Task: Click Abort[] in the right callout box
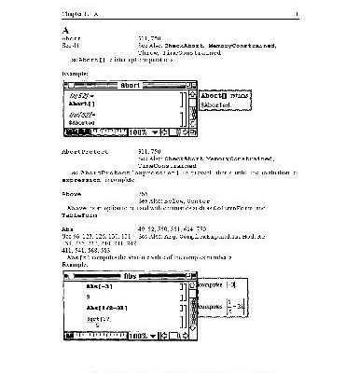[x=212, y=94]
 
